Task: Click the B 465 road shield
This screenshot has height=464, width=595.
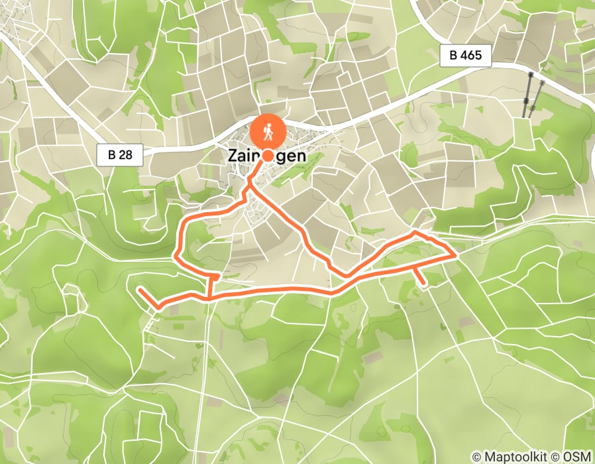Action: [465, 56]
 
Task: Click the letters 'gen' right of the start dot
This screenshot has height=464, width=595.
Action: [292, 156]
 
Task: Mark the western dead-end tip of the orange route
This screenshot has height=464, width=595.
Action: [139, 290]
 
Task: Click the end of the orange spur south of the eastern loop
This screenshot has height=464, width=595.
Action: [423, 285]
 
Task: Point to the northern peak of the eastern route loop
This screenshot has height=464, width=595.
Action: [415, 233]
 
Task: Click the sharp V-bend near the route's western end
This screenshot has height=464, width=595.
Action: [158, 307]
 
